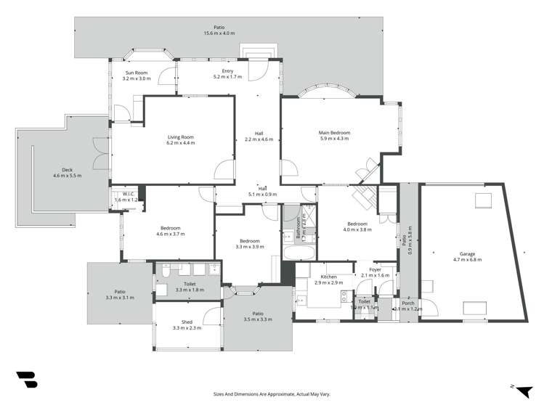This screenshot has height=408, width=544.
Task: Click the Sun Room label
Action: coord(136,72)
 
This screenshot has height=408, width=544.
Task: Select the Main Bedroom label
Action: coord(334,133)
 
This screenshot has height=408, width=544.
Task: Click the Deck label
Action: coord(68,170)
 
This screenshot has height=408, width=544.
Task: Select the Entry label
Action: coord(227,70)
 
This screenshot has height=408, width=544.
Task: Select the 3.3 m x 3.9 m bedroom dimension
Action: coord(250,247)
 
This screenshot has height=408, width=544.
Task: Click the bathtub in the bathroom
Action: coord(298,253)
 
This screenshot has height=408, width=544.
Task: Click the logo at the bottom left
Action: coord(27,380)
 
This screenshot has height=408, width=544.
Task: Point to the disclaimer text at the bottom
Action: coord(271,393)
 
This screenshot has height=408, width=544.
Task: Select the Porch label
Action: coord(407,303)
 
